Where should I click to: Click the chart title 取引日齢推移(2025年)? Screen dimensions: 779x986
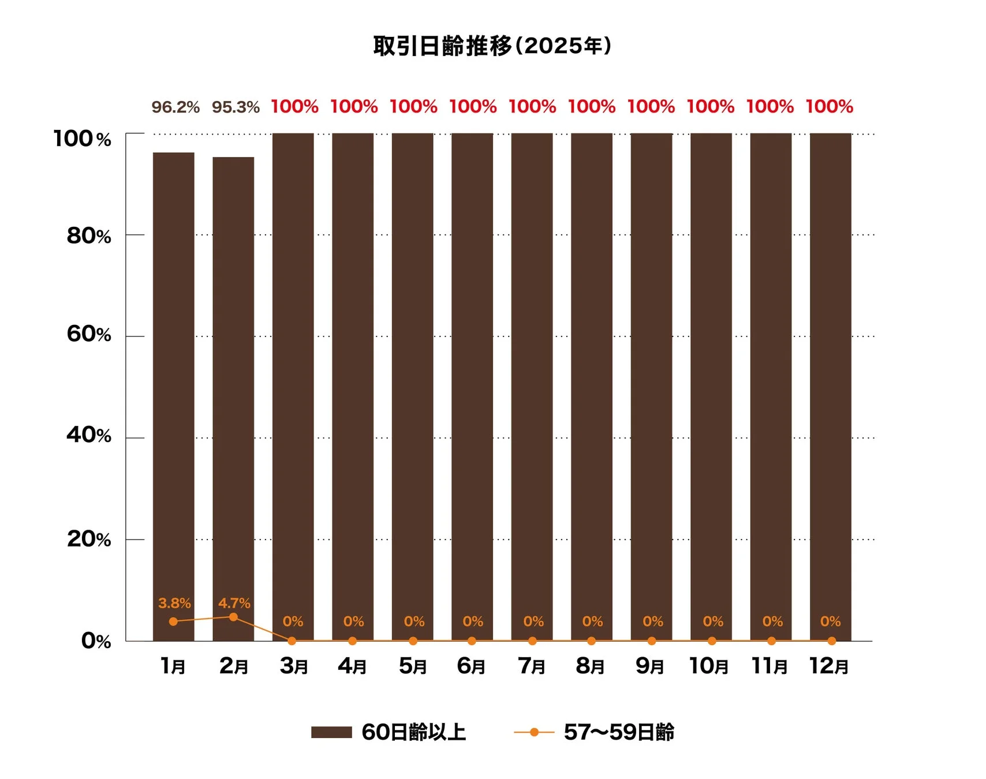(x=492, y=46)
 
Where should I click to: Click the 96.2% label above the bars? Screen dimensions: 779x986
(x=175, y=107)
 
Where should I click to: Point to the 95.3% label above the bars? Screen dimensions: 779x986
(x=236, y=107)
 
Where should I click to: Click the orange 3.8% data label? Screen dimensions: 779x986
(x=174, y=603)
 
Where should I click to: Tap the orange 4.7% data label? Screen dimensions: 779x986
(x=234, y=603)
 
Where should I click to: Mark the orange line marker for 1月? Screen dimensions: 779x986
(x=173, y=621)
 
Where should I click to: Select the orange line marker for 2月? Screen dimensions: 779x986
(x=233, y=617)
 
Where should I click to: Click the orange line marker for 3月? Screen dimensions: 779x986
(x=292, y=641)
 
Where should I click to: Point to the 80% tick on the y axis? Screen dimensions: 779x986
(x=89, y=235)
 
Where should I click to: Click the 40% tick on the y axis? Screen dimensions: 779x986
(x=89, y=435)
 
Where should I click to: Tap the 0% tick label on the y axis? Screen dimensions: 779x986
(x=96, y=641)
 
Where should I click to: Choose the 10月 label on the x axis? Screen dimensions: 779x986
(x=708, y=666)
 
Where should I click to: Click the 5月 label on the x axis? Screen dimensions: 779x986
(x=413, y=666)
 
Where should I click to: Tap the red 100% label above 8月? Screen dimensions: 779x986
(x=592, y=107)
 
